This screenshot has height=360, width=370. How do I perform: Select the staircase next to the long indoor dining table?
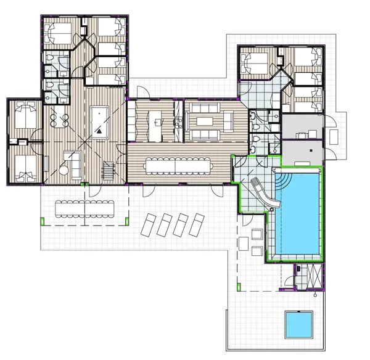click(x=109, y=170)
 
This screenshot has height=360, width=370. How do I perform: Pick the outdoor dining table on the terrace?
click(x=86, y=208)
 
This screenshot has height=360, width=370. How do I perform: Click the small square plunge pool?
click(x=300, y=323)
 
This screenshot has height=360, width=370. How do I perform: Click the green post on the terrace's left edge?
click(x=41, y=221)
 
